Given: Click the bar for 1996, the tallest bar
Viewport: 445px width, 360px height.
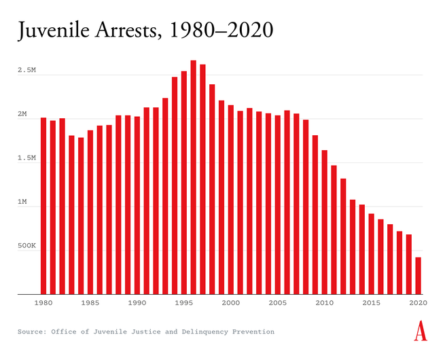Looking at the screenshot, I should [194, 177].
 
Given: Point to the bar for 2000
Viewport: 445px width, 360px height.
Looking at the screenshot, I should [231, 200].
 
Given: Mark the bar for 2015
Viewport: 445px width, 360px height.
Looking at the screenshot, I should [372, 254].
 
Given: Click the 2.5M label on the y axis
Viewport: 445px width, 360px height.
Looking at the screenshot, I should [27, 70].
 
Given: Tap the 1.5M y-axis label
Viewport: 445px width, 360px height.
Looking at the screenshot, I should [27, 158].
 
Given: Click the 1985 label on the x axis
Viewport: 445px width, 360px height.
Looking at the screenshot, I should [90, 303].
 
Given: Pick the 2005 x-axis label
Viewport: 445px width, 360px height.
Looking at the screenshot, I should [278, 303].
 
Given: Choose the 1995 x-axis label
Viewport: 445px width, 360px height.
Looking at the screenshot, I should [184, 303].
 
